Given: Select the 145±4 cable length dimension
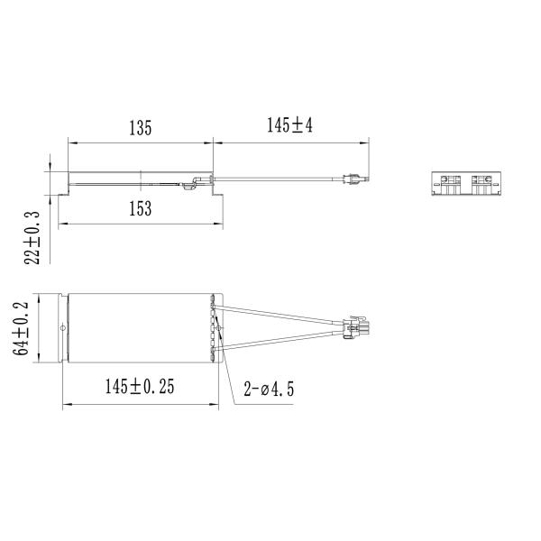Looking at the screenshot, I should pos(289,126).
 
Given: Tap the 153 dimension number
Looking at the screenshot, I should pos(139,208).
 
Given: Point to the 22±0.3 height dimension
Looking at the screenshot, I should pos(33,237).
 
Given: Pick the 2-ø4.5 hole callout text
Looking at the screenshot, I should pos(269,390).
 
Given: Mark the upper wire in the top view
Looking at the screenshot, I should pos(280,312).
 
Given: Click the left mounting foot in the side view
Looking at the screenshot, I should pos(63,191).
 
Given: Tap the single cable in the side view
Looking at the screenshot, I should pos(280,180).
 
